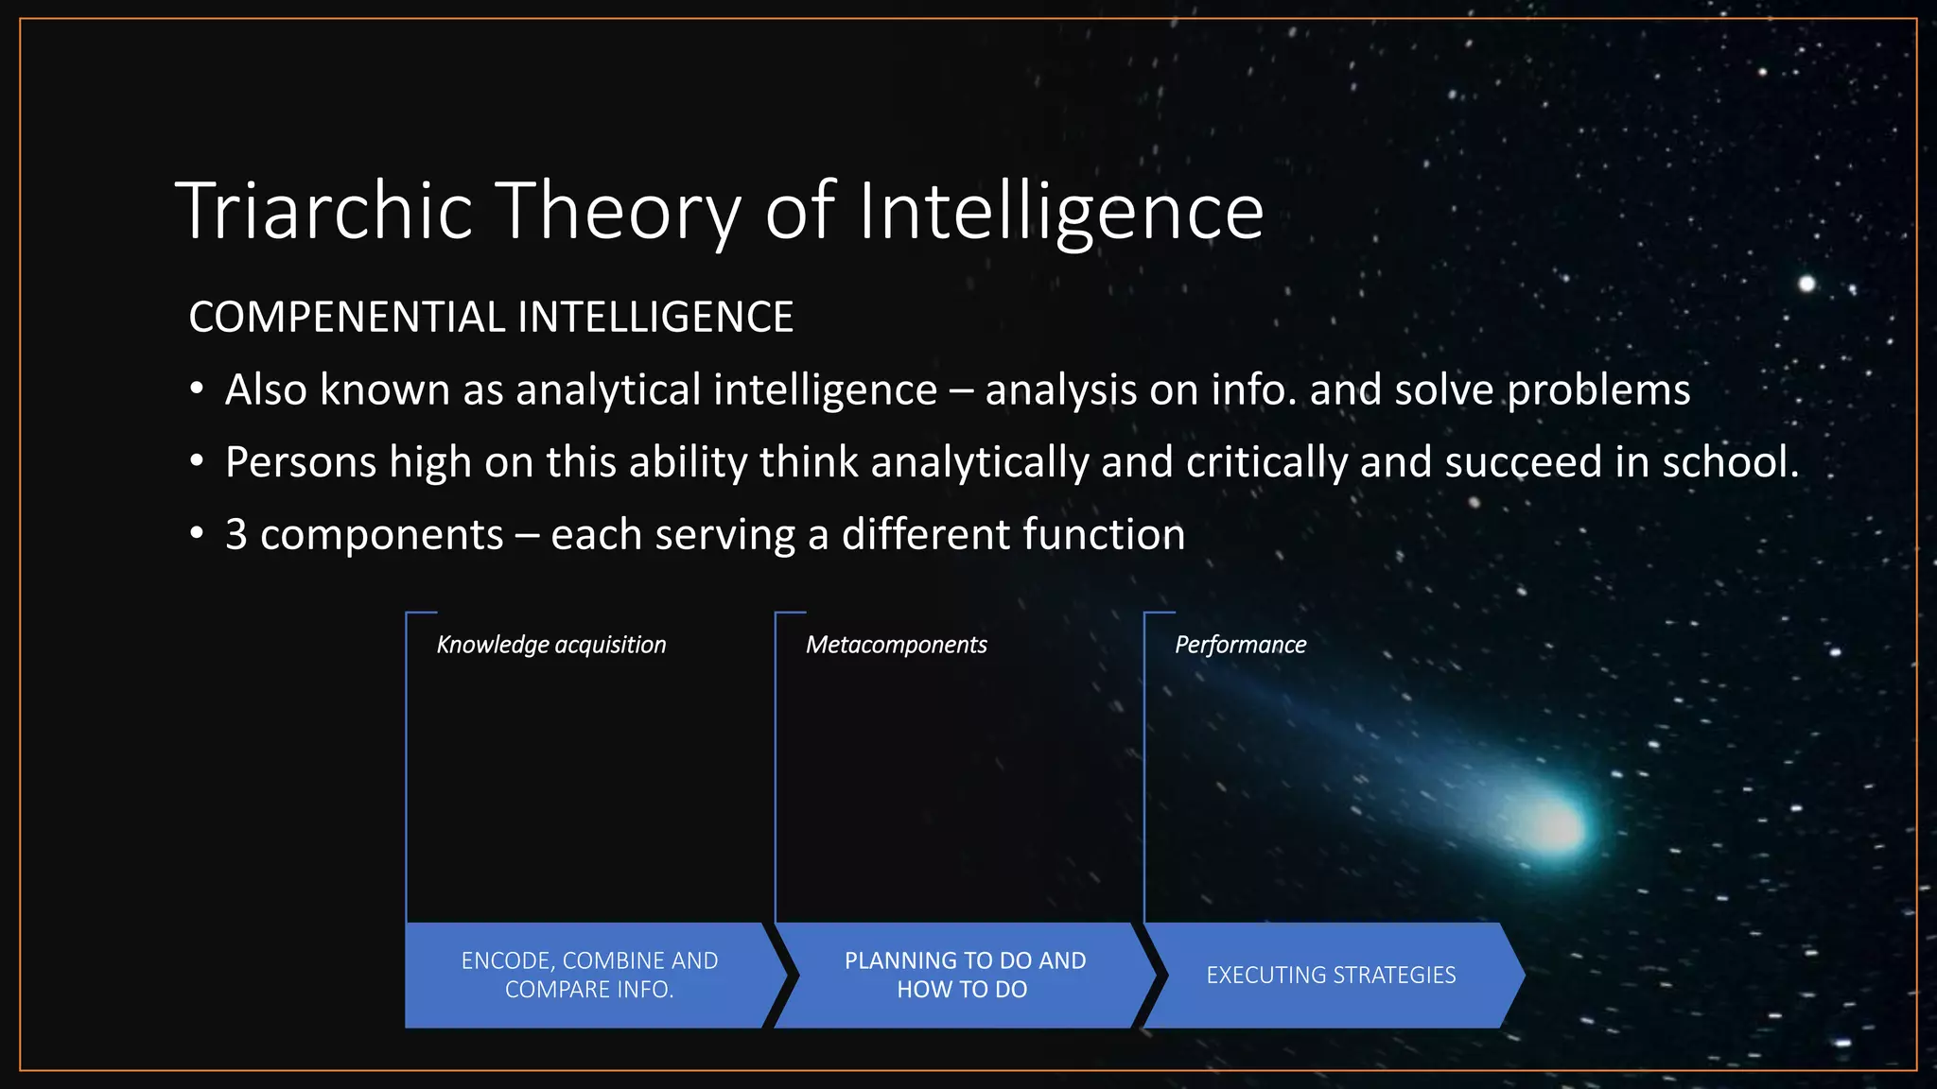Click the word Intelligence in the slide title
pyautogui.click(x=1060, y=211)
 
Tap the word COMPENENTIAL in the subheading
pyautogui.click(x=346, y=317)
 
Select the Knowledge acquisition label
pyautogui.click(x=551, y=645)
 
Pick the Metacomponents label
pyautogui.click(x=896, y=645)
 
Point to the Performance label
pyautogui.click(x=1240, y=645)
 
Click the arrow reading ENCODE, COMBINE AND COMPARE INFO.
pyautogui.click(x=589, y=975)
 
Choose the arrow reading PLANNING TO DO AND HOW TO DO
pyautogui.click(x=964, y=975)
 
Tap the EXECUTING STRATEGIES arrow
pyautogui.click(x=1331, y=975)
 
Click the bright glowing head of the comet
pyautogui.click(x=1557, y=826)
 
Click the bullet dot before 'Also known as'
pyautogui.click(x=196, y=389)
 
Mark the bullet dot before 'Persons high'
pyautogui.click(x=196, y=462)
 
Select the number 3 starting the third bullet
pyautogui.click(x=236, y=535)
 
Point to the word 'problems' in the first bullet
pyautogui.click(x=1598, y=390)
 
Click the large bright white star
pyautogui.click(x=1806, y=284)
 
